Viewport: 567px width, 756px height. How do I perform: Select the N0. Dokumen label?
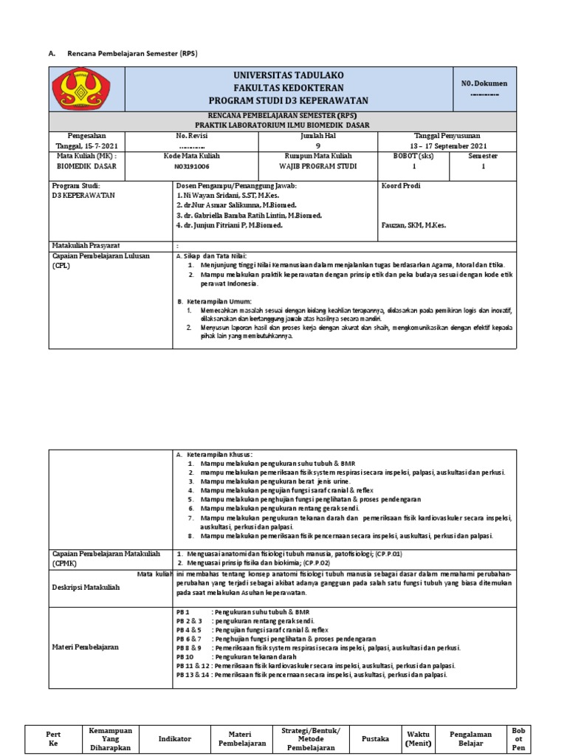[484, 83]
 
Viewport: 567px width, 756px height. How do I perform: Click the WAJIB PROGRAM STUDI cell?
[320, 167]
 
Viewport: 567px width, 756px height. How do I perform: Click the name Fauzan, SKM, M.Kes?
[415, 225]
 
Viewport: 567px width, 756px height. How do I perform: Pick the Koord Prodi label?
[400, 185]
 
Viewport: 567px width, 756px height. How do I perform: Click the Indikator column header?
[174, 738]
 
